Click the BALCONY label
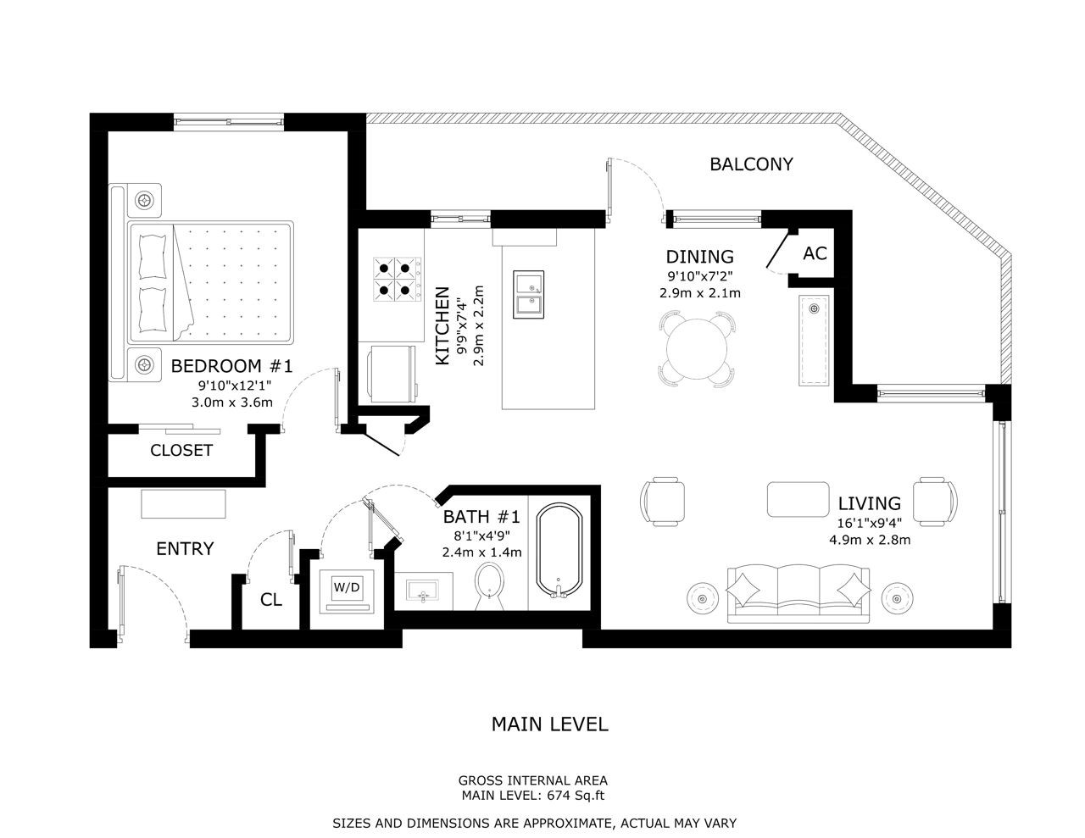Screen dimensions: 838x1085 [751, 164]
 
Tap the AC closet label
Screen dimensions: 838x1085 [815, 253]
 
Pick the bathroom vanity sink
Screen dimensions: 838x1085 [423, 590]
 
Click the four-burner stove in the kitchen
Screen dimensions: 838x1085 [395, 280]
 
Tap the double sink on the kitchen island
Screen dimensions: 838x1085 [528, 294]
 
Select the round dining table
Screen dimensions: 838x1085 [696, 348]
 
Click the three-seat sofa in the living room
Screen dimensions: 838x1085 [798, 592]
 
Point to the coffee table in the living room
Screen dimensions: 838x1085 [798, 499]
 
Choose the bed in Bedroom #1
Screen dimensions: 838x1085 [210, 283]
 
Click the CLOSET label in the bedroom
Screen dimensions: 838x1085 [181, 451]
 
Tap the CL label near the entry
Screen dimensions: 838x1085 [270, 600]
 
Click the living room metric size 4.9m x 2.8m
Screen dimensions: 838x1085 [870, 540]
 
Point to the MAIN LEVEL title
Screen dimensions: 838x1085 [550, 724]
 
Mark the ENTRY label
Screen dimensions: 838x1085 [185, 549]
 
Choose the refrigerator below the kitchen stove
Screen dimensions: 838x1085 [391, 374]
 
